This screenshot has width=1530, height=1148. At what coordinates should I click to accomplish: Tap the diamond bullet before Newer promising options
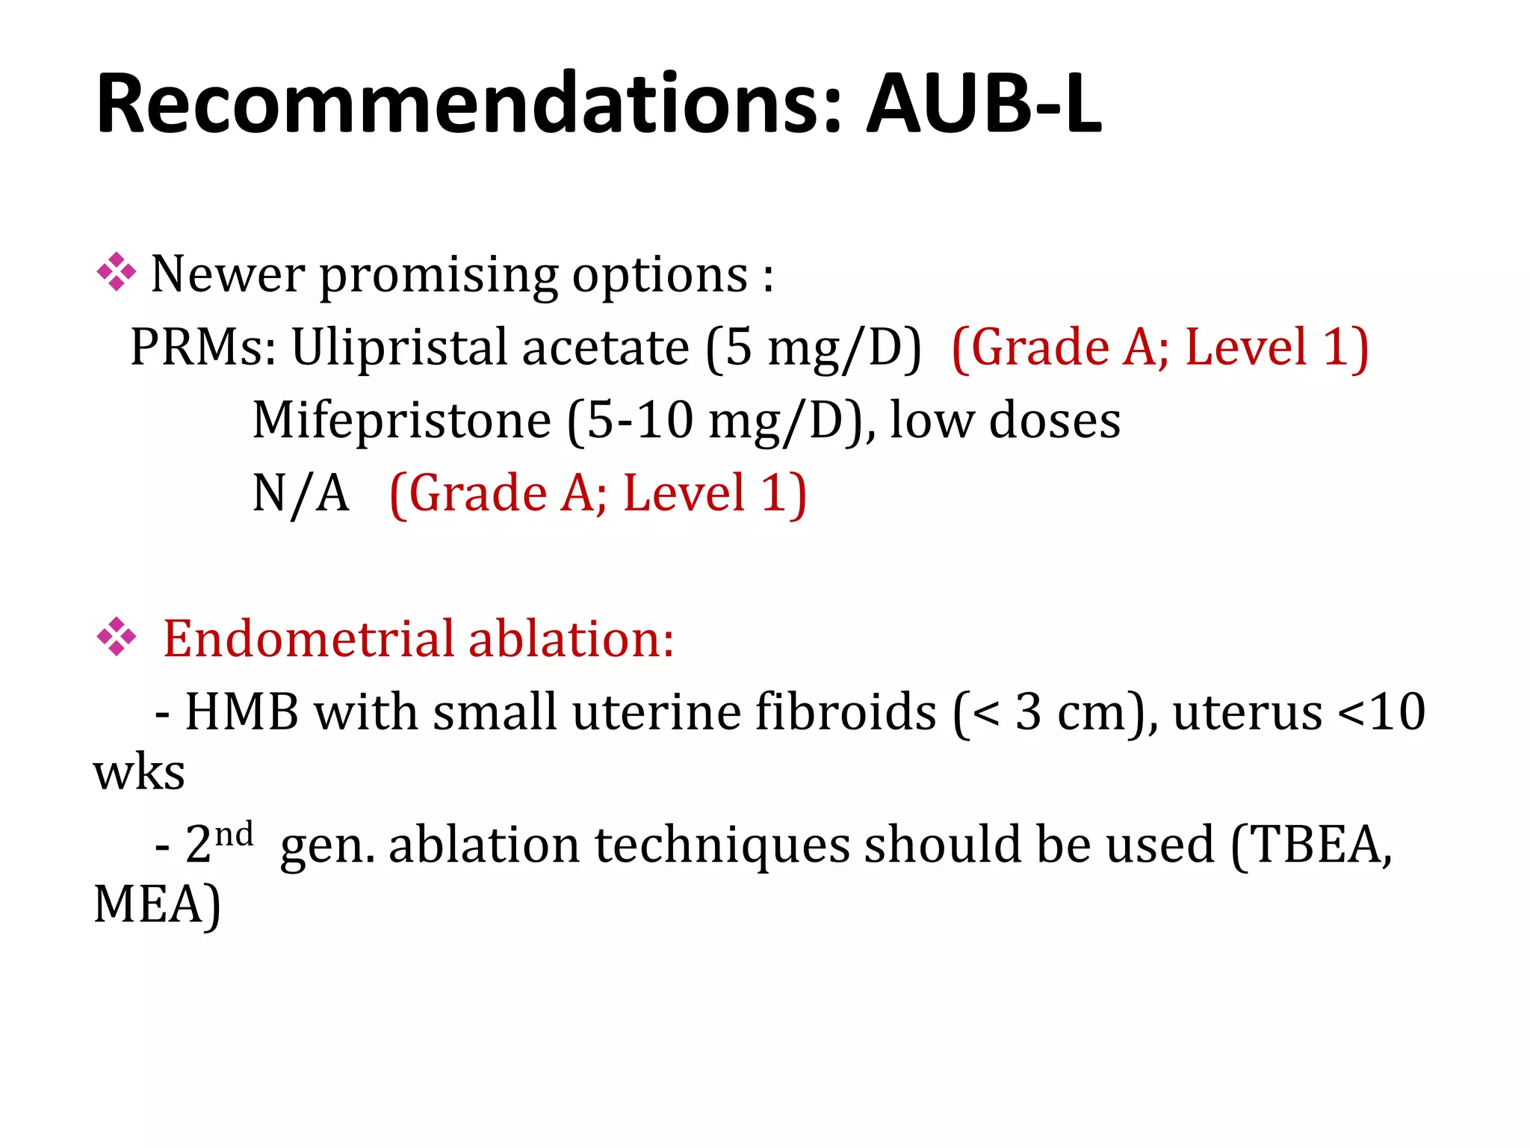117,272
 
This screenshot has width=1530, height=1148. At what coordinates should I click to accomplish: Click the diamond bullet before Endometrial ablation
117,637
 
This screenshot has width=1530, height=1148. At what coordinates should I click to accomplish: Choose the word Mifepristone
402,420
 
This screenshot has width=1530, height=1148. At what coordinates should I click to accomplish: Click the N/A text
300,493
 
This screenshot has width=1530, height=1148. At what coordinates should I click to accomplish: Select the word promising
439,275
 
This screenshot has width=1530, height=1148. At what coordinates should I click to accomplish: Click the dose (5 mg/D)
814,348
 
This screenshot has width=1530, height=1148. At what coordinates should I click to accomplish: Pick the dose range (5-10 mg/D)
716,422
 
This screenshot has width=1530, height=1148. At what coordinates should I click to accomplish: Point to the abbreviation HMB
242,712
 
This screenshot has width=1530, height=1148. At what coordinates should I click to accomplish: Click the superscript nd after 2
234,833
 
